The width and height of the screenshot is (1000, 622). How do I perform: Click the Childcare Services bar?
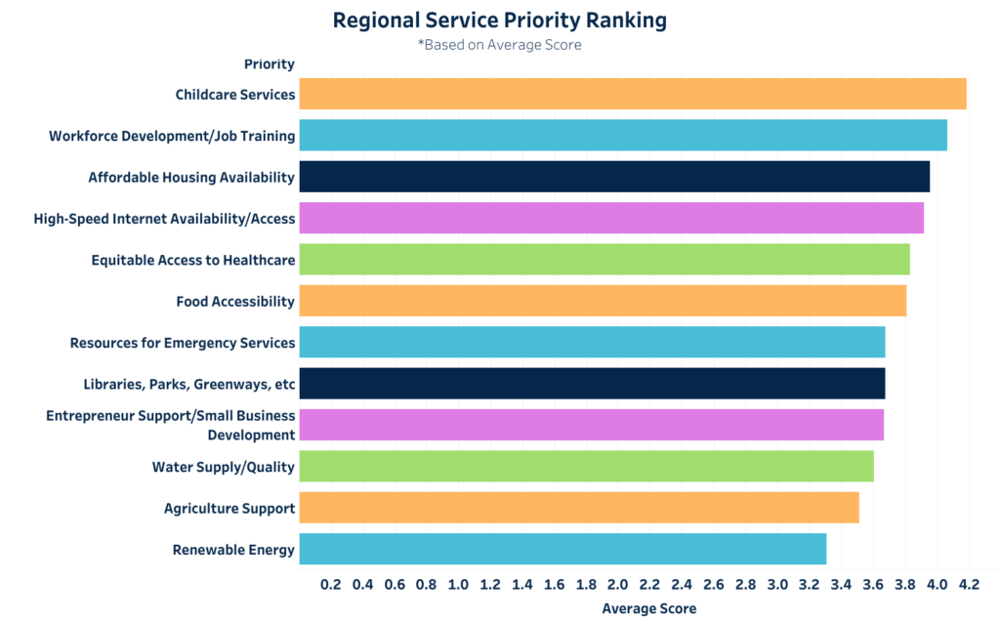(633, 94)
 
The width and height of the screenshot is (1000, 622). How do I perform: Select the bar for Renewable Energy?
(562, 549)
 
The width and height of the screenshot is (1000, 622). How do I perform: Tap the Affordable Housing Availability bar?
(614, 177)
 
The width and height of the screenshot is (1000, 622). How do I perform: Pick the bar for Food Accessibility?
(603, 301)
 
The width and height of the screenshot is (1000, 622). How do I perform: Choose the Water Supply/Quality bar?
(586, 466)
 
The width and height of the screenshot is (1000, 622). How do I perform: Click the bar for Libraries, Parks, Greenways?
(592, 384)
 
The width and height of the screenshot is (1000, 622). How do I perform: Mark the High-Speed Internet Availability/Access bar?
(611, 218)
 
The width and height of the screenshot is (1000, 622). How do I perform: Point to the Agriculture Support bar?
(579, 508)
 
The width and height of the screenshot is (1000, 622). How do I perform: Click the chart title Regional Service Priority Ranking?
(500, 21)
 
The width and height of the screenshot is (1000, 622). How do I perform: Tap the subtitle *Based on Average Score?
(500, 45)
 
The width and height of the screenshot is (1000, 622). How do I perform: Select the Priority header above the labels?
(269, 64)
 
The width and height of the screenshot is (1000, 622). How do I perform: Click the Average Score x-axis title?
(649, 608)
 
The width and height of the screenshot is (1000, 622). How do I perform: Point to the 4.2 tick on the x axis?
(969, 585)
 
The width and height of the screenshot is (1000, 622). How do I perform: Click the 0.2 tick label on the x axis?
(331, 585)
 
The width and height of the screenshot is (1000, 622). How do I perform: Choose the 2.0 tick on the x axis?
(618, 585)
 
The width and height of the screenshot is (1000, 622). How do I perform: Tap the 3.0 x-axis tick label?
(777, 585)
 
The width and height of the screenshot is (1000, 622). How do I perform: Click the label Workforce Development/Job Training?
(172, 136)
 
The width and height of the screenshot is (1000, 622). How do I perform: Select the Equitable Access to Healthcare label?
(192, 260)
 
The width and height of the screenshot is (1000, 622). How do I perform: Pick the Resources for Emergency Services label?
(182, 343)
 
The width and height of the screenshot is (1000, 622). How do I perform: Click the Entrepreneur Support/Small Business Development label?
(171, 425)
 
